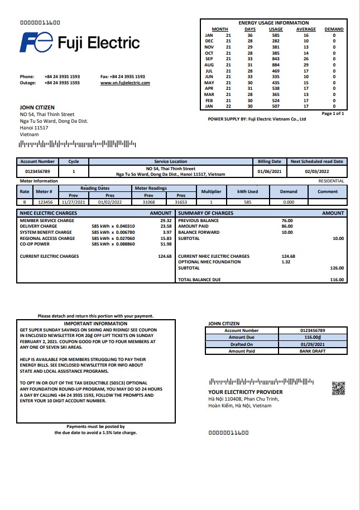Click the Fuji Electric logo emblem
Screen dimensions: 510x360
coord(37,42)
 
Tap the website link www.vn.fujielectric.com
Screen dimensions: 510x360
coord(125,83)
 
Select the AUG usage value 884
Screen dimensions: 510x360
coord(275,65)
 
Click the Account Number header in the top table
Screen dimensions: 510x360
coord(37,161)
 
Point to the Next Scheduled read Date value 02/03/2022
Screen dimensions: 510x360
coord(317,171)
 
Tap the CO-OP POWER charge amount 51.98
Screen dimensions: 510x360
coord(166,244)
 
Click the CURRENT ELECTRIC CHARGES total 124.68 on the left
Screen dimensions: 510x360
coord(165,256)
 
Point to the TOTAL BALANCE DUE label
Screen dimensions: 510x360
coord(199,280)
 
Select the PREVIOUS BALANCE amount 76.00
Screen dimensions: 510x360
coord(287,220)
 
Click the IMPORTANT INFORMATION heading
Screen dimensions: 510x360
coord(95,324)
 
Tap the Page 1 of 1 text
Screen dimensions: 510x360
coord(333,113)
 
